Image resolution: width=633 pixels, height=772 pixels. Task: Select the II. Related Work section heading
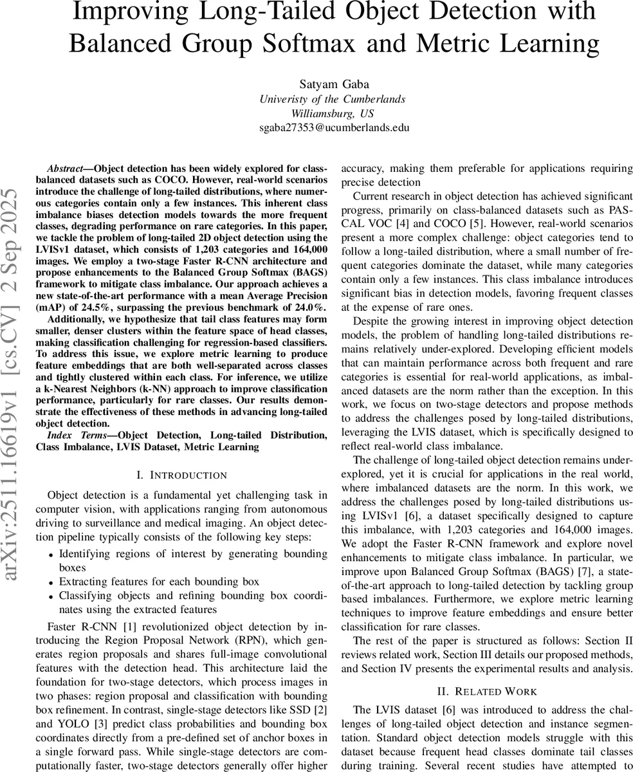click(x=487, y=692)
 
